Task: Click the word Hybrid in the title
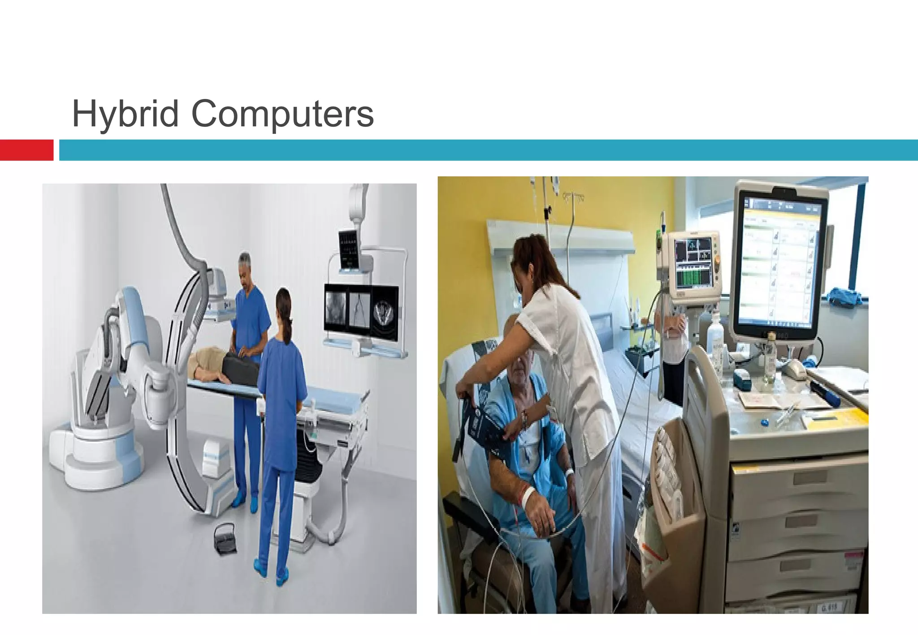pyautogui.click(x=126, y=114)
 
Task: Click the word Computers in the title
pyautogui.click(x=282, y=114)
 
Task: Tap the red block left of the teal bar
pyautogui.click(x=26, y=150)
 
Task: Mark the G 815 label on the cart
pyautogui.click(x=829, y=607)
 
